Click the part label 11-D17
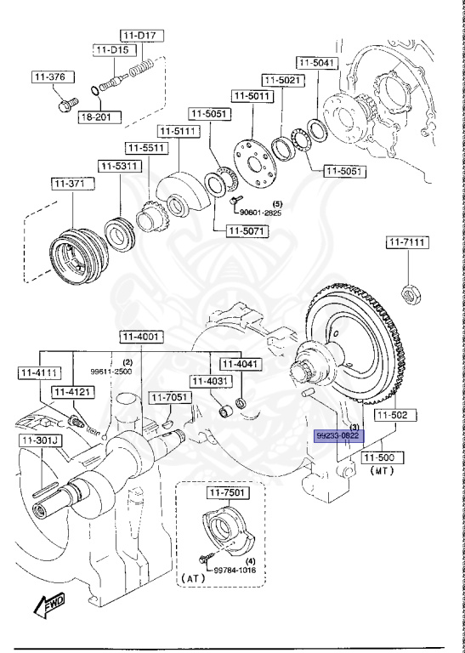[140, 36]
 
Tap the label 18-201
[95, 116]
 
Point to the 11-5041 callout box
[317, 62]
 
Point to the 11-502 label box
[393, 415]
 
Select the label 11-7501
[223, 493]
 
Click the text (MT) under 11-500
[381, 470]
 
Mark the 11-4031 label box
[208, 381]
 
